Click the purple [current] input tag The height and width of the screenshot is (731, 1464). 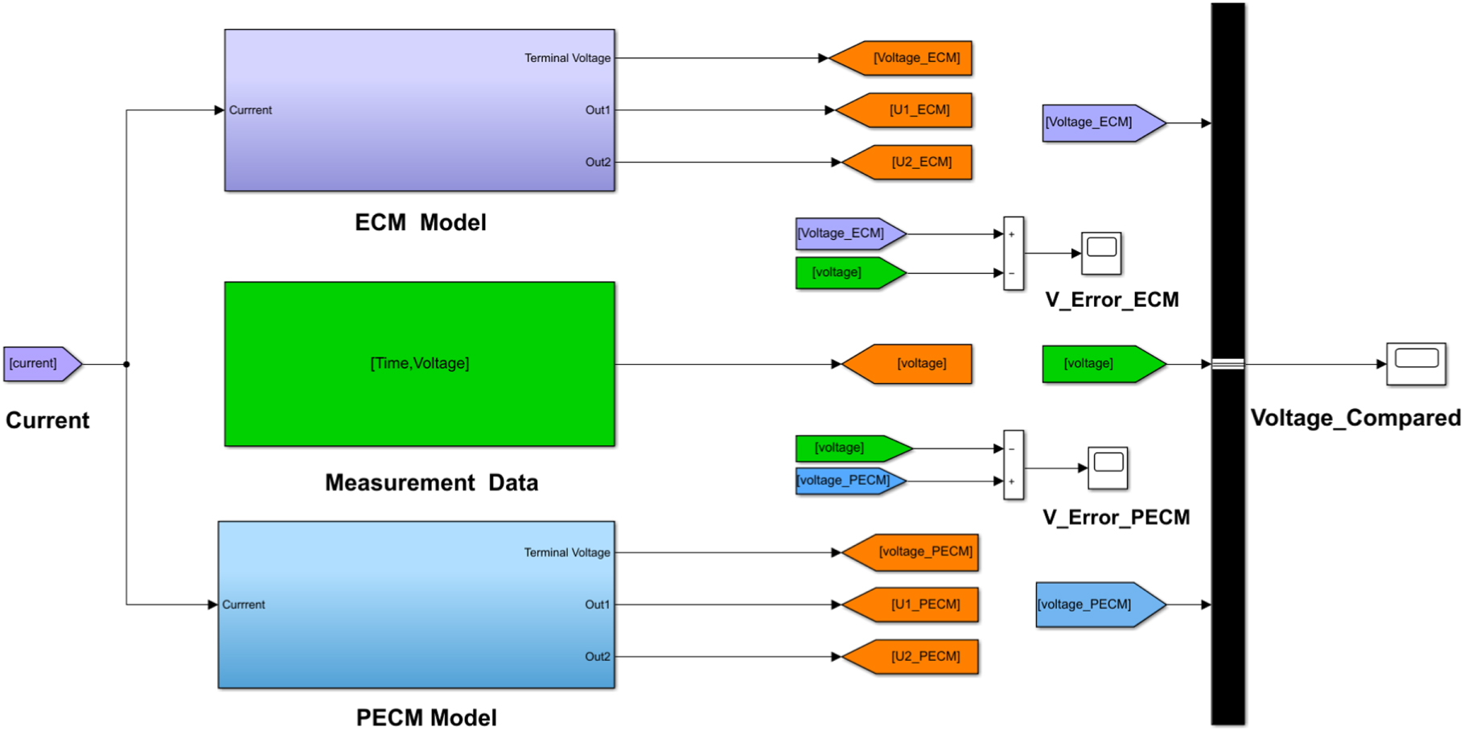click(40, 364)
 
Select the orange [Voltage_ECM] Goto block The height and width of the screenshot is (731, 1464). click(904, 58)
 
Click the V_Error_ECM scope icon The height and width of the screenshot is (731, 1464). click(1101, 253)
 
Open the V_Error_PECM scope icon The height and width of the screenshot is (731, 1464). click(1108, 468)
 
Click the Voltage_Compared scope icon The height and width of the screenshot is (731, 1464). click(1416, 364)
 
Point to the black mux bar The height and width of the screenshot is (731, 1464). click(1228, 242)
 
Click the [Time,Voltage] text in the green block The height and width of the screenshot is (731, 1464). click(419, 364)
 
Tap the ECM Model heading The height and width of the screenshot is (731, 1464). click(420, 223)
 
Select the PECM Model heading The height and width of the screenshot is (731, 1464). click(426, 717)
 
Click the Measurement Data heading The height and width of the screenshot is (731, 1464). click(431, 483)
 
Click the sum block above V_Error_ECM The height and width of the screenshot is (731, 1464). click(1014, 253)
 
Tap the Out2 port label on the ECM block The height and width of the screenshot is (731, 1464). click(598, 163)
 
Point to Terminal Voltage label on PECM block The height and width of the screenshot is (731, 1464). click(566, 552)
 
